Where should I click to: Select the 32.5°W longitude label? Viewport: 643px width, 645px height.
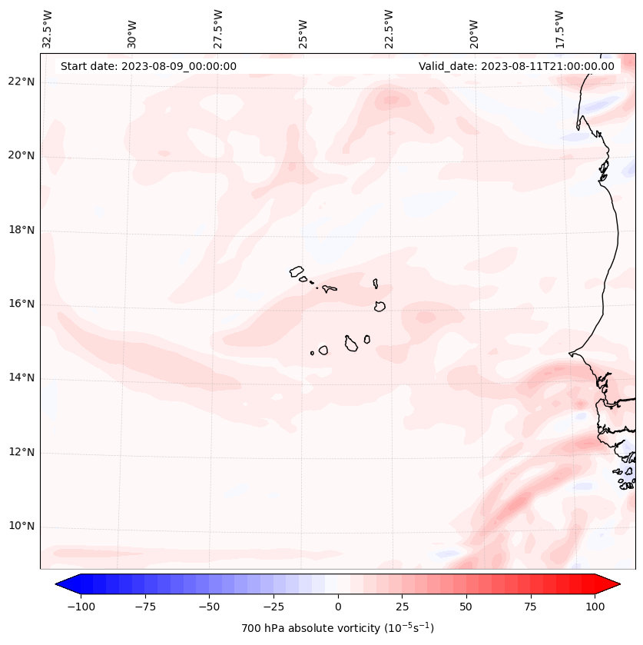pyautogui.click(x=48, y=28)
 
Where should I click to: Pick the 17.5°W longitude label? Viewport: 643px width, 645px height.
pyautogui.click(x=560, y=28)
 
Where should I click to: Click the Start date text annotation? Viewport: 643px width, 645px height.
pyautogui.click(x=148, y=66)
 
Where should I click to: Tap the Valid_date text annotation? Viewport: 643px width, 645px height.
pyautogui.click(x=516, y=66)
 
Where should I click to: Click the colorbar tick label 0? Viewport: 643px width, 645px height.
pyautogui.click(x=338, y=607)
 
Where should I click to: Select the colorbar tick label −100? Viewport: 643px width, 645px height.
pyautogui.click(x=81, y=607)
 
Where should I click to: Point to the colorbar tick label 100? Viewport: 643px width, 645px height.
pyautogui.click(x=595, y=607)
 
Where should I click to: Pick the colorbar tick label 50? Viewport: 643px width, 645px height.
pyautogui.click(x=466, y=607)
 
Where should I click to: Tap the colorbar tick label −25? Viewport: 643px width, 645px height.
pyautogui.click(x=273, y=607)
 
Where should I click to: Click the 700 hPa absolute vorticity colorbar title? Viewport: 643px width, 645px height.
pyautogui.click(x=338, y=628)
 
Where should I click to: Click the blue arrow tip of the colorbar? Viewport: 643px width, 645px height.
pyautogui.click(x=61, y=585)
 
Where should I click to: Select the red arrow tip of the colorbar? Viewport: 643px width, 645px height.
pyautogui.click(x=615, y=585)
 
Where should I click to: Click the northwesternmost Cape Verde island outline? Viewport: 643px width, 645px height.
pyautogui.click(x=297, y=271)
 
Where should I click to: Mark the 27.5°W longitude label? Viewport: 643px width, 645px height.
pyautogui.click(x=218, y=28)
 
